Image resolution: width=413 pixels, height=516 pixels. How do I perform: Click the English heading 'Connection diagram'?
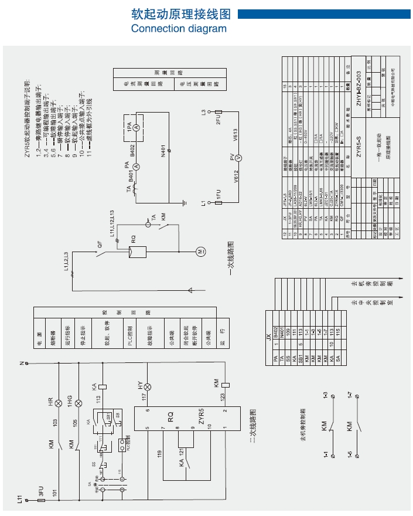pos(178,28)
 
